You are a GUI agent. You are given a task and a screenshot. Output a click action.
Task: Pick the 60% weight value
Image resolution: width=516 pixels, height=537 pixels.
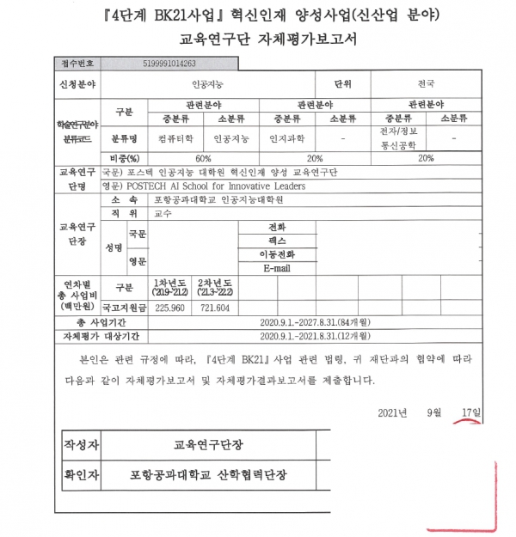[x=203, y=159]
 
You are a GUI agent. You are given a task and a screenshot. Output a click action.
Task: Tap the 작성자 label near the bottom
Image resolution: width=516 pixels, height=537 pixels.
[x=82, y=445]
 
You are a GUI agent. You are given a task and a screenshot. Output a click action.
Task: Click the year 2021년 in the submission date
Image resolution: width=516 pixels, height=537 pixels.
[x=392, y=413]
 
